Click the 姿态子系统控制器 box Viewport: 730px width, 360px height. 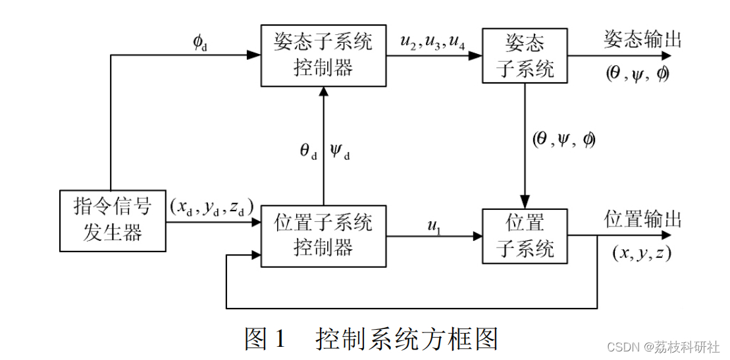[x=323, y=55]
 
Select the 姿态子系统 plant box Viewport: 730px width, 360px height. [x=525, y=55]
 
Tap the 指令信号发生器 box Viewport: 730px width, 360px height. [x=113, y=222]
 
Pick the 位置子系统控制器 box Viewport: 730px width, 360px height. [x=323, y=236]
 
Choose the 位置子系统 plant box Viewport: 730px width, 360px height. [x=525, y=236]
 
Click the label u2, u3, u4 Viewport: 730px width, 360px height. [x=432, y=42]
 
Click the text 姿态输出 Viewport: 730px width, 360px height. [x=642, y=40]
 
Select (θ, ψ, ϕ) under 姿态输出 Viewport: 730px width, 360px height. [x=637, y=73]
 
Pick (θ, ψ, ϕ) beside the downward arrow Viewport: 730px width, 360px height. [x=563, y=140]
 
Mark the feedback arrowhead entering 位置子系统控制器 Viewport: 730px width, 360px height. [x=255, y=253]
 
